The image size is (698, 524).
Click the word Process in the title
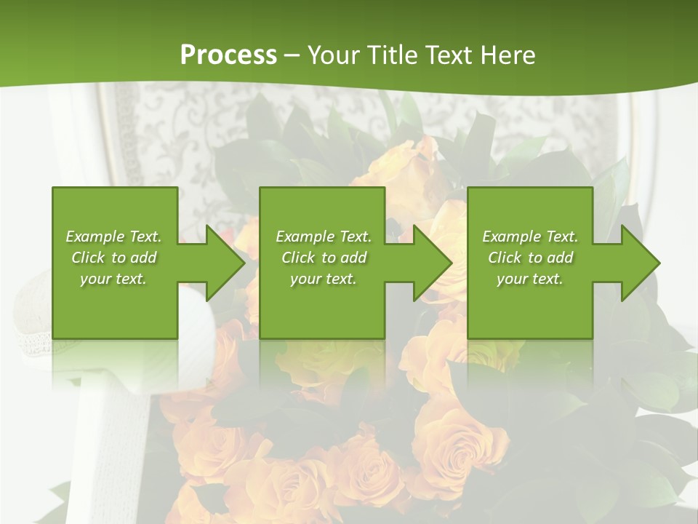coord(228,55)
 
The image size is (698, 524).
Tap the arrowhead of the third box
coord(639,263)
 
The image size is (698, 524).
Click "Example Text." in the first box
coord(113,237)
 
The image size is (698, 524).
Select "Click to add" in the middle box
coord(324,258)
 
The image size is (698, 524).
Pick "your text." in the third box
coord(530,279)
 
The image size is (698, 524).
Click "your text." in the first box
coord(113,279)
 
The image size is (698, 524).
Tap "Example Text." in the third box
coord(530,237)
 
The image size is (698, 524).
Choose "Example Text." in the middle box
coord(324,237)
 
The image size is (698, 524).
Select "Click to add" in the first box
coord(113,258)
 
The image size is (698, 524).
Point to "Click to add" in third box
coord(530,258)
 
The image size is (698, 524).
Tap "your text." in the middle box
coord(324,279)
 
